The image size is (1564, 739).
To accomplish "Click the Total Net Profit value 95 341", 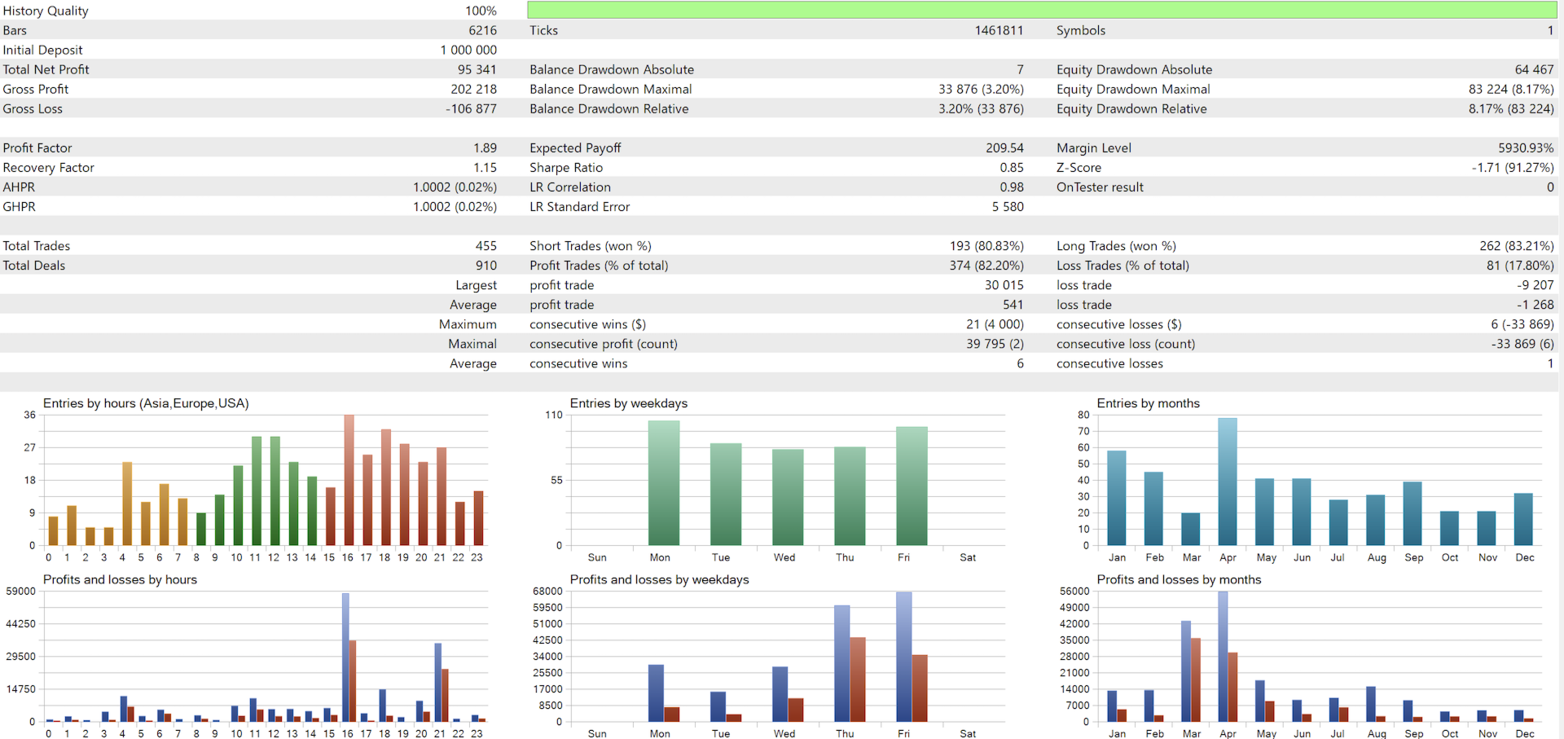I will tap(477, 70).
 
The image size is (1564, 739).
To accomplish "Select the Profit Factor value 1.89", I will tap(485, 148).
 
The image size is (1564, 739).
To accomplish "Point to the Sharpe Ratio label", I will tap(566, 168).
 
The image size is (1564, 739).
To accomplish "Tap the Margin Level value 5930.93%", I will tap(1525, 148).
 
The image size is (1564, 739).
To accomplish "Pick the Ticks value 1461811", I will tap(999, 31).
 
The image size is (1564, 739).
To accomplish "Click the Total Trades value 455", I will tap(485, 246).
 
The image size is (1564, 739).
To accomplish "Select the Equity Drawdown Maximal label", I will tap(1133, 90).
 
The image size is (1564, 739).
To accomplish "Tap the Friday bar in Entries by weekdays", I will tap(912, 486).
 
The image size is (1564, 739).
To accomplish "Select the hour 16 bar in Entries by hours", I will tap(349, 480).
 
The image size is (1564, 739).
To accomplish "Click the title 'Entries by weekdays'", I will tap(628, 403).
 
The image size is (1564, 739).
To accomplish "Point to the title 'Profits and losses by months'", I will tap(1179, 579).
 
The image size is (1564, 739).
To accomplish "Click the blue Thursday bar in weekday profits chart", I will tap(841, 663).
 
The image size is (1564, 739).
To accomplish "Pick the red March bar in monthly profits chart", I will tap(1195, 680).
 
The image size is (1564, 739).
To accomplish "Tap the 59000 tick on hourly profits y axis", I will tap(20, 592).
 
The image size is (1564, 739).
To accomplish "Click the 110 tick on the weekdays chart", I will tap(554, 416).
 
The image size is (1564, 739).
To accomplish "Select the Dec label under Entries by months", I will tap(1524, 557).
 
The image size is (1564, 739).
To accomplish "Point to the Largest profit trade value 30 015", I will tap(1004, 285).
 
